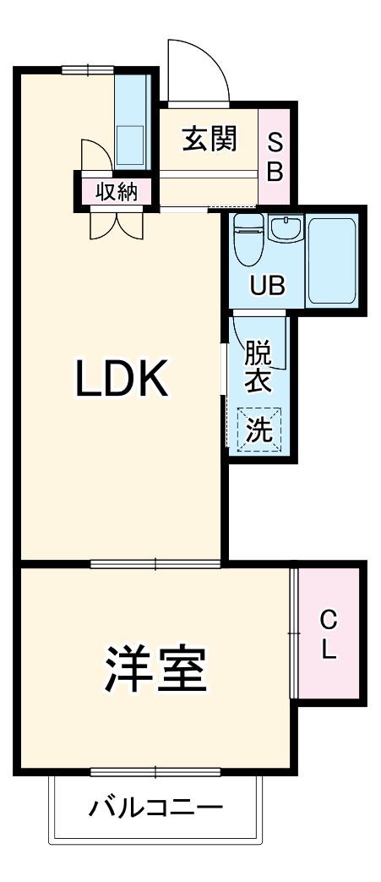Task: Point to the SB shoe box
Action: [x=275, y=156]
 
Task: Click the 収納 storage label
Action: [x=116, y=191]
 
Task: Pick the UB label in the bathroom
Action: [x=267, y=286]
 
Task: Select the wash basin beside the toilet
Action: [x=287, y=229]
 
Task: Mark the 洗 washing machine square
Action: [x=259, y=430]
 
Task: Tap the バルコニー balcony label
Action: [x=156, y=808]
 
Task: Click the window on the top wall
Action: [x=88, y=70]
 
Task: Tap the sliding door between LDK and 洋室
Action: [x=155, y=563]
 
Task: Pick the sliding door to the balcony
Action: [x=155, y=771]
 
